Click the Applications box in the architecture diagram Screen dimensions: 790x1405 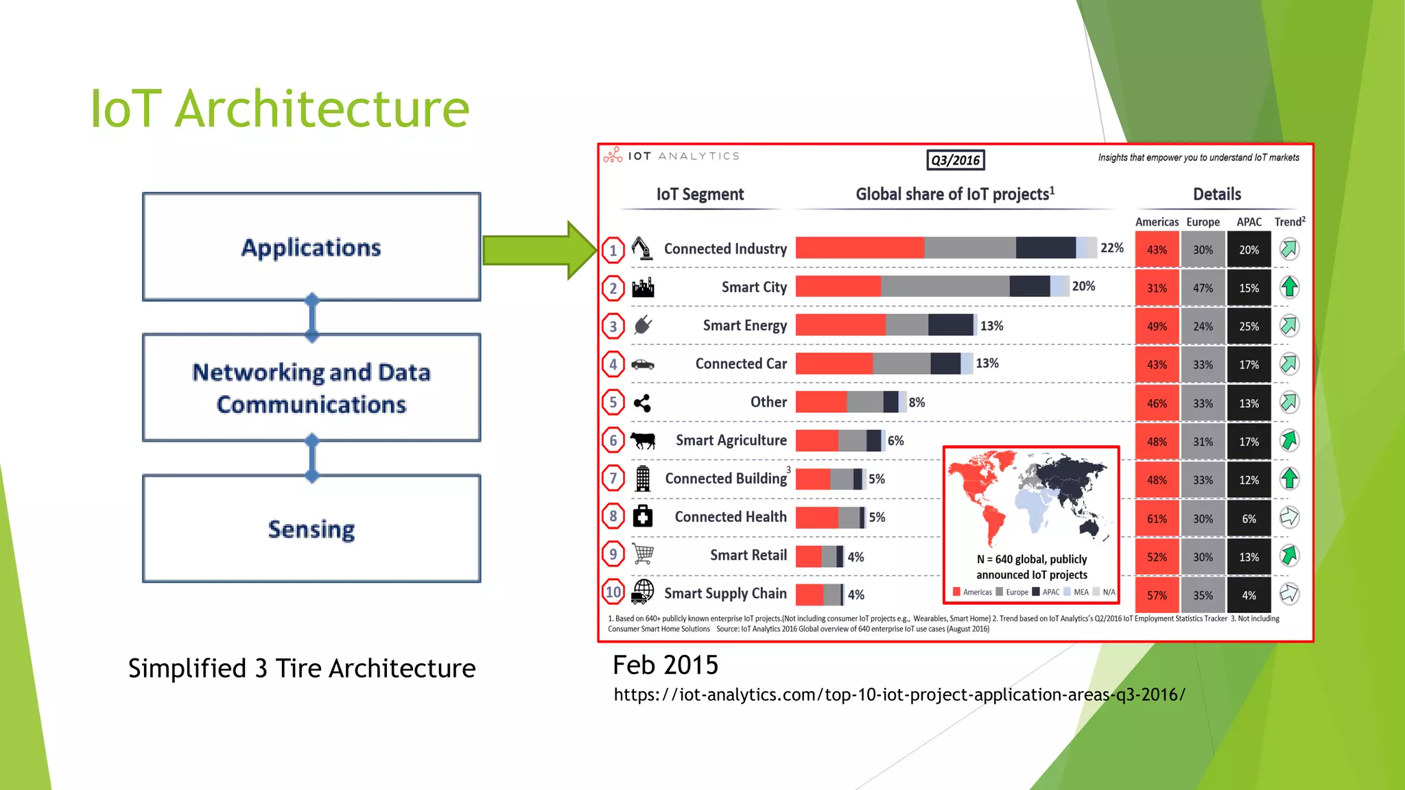(x=311, y=247)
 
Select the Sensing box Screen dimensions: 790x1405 (x=311, y=529)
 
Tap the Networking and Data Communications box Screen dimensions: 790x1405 (x=311, y=387)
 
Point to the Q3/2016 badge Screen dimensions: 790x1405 (x=955, y=160)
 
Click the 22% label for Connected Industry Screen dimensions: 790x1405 (x=1111, y=248)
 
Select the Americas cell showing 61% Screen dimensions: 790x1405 (x=1157, y=518)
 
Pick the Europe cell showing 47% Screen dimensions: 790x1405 (x=1203, y=288)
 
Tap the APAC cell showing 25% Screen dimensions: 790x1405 (x=1249, y=326)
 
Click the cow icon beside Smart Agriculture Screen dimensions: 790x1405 (x=643, y=440)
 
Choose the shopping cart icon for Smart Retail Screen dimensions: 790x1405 (x=643, y=554)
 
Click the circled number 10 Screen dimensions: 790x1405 (x=613, y=592)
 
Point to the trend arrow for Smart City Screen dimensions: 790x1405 (x=1289, y=287)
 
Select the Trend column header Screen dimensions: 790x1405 (x=1289, y=222)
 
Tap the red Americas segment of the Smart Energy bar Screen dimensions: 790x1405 (x=840, y=325)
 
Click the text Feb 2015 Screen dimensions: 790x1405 (x=665, y=665)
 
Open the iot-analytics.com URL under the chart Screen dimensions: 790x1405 (x=899, y=695)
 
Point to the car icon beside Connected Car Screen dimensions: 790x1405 (x=643, y=364)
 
